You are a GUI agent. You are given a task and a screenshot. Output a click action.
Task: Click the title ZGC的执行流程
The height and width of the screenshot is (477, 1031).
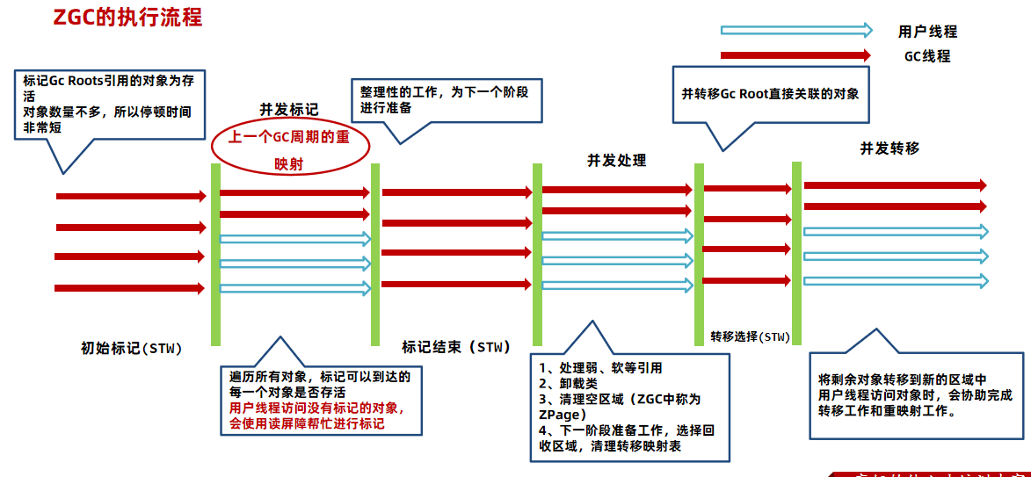pos(128,18)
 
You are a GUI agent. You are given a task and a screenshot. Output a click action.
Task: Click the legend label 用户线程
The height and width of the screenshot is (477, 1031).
pos(927,32)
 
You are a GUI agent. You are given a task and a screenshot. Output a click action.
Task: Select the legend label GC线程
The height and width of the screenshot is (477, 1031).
pos(927,56)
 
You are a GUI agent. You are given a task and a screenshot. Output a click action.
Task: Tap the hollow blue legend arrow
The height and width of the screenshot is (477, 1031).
pos(795,31)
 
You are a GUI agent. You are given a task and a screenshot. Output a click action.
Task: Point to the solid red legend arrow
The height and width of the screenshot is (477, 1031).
pos(795,55)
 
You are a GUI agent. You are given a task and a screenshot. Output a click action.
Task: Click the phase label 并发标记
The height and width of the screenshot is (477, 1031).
pos(288,110)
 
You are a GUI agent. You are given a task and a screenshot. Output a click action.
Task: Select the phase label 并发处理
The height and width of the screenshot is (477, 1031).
pos(617,161)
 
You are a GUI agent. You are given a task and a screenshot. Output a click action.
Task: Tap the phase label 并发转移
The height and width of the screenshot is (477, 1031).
pos(889,148)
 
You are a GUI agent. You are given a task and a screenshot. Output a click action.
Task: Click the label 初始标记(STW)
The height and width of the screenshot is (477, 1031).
pos(131,348)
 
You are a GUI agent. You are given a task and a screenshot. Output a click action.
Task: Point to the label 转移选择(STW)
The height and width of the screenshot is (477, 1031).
pos(750,336)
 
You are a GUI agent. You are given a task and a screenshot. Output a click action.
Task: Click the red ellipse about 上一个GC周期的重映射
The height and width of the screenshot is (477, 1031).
pos(289,150)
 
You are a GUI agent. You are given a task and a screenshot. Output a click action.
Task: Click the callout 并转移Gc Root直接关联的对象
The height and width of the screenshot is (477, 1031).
pos(770,93)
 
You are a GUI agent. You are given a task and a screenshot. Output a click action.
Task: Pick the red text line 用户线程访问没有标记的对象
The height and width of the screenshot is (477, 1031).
pos(316,408)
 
